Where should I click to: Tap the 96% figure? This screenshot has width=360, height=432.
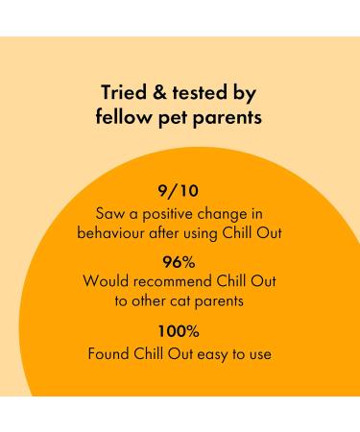(x=181, y=261)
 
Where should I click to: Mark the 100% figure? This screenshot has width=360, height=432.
(x=181, y=331)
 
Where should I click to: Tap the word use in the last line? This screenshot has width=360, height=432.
(x=261, y=352)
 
